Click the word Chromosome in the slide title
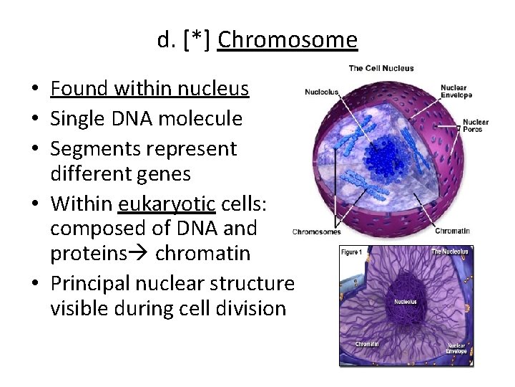(288, 40)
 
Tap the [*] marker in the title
(197, 40)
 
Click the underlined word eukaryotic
(167, 205)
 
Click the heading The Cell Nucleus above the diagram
(381, 68)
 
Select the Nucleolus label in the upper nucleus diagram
(322, 92)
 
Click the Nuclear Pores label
(476, 125)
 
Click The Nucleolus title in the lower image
(449, 252)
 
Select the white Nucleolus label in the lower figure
(406, 302)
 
